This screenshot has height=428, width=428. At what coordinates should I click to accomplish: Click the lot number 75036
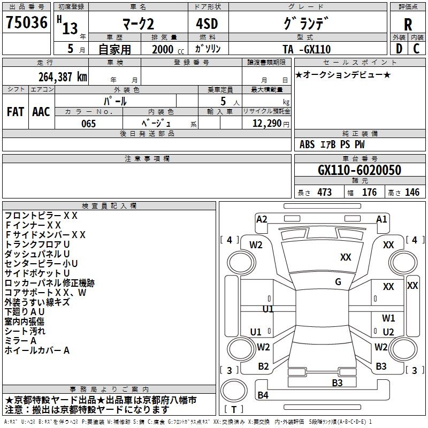pos(27,22)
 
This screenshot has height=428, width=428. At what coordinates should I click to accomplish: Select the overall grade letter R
pos(408,25)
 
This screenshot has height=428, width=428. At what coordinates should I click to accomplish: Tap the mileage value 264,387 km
pos(63,77)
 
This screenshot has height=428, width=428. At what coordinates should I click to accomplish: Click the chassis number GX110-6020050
pos(360,170)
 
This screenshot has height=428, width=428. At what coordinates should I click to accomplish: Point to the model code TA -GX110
pos(307,49)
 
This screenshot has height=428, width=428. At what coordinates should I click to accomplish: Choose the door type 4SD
pos(207,24)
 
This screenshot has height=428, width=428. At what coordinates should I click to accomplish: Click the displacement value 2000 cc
pos(168,49)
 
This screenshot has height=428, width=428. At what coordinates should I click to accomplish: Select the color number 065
pos(89,124)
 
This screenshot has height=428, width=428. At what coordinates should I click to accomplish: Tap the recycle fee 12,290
pos(267,124)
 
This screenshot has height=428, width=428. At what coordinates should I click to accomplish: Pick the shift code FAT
pos(16,112)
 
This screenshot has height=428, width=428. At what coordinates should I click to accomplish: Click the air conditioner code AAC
pos(41,112)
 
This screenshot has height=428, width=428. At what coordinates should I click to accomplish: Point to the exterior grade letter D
pos(399,49)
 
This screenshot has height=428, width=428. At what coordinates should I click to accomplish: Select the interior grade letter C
pos(416,49)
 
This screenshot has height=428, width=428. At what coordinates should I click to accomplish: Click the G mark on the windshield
pos(338,282)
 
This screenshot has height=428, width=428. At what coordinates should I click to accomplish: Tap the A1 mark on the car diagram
pos(381,219)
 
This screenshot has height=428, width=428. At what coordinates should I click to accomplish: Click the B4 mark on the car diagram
pos(263,395)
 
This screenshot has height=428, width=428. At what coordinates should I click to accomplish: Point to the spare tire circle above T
pos(234,391)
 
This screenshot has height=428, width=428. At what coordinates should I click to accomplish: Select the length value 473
pos(325,193)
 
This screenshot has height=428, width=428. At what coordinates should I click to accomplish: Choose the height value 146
pos(412,193)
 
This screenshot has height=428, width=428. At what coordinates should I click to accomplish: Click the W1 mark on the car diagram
pos(388,318)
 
